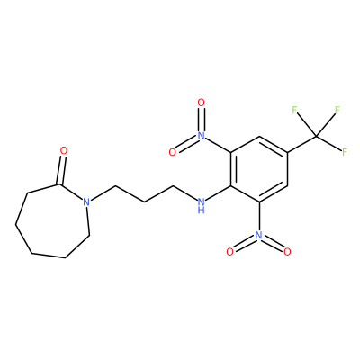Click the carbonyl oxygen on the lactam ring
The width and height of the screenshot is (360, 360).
pos(64,151)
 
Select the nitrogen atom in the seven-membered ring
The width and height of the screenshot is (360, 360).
pos(86,202)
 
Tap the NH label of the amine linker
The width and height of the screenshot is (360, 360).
pos(202,205)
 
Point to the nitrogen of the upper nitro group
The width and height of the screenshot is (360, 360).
pos(202,136)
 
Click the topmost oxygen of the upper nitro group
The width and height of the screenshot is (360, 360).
pos(202,103)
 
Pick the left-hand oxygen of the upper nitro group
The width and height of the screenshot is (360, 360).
pos(173,152)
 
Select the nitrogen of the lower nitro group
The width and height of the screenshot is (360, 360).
pos(259,235)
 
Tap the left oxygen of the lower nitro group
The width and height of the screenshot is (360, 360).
pos(230,252)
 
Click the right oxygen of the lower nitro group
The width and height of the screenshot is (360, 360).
pos(288,252)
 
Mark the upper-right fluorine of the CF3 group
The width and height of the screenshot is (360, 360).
pos(337,110)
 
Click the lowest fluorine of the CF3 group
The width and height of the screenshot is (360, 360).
pos(345,152)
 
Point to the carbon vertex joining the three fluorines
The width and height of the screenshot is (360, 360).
pos(317,136)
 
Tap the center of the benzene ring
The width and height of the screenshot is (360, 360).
pos(259,169)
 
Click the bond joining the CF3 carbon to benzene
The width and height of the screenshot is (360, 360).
pos(302,144)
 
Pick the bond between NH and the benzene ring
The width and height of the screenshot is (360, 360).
pos(218,193)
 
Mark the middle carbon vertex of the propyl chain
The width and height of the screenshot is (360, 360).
pos(144,202)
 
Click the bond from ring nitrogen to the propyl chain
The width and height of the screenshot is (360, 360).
pos(103,193)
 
